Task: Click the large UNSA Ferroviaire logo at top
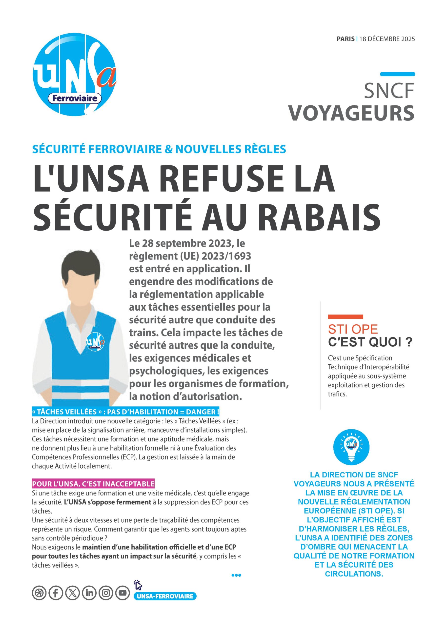click(x=74, y=74)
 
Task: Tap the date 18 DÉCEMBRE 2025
click(x=387, y=39)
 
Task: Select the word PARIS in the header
click(x=345, y=39)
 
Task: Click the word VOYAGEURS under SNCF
click(x=351, y=113)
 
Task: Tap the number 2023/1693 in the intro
click(x=226, y=256)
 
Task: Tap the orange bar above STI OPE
click(x=345, y=317)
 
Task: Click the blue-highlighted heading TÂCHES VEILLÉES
click(x=126, y=412)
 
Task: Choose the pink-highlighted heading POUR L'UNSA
click(x=93, y=484)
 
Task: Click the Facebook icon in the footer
click(x=56, y=593)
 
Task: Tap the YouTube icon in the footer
click(x=122, y=593)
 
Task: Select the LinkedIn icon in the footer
click(x=89, y=593)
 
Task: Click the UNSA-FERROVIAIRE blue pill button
click(x=165, y=596)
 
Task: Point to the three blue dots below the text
click(x=236, y=575)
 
